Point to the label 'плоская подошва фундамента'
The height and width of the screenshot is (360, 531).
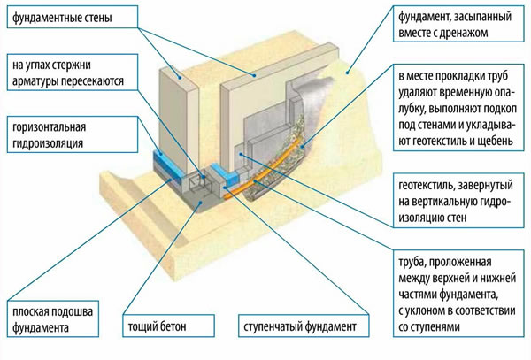coord(53,320)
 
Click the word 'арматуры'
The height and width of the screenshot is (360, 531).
coord(35,82)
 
